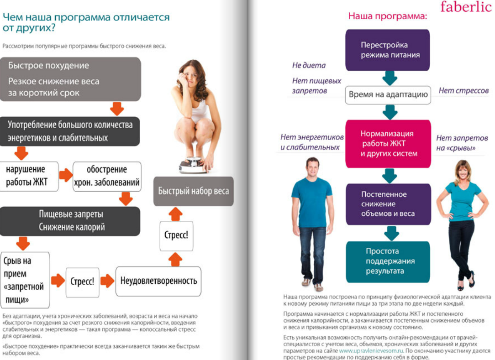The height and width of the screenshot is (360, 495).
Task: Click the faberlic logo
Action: click(x=465, y=7)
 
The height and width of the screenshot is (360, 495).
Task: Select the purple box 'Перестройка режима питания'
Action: click(x=387, y=50)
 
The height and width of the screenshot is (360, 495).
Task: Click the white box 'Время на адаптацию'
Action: click(x=388, y=95)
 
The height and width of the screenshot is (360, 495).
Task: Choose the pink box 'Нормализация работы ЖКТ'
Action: click(x=388, y=143)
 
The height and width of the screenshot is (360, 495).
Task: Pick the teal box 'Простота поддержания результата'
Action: click(x=388, y=261)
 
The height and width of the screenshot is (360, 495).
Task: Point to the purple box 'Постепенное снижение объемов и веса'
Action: click(x=388, y=203)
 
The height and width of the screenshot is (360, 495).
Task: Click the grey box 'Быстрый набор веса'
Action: click(x=194, y=191)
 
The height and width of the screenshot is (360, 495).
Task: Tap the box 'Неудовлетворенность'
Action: click(x=158, y=280)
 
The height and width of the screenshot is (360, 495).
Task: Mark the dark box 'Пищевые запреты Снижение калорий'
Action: click(x=70, y=221)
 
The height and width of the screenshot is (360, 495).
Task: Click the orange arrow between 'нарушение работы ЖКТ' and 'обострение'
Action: click(x=66, y=175)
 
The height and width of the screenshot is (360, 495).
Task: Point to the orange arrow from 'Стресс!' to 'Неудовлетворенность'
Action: click(x=107, y=281)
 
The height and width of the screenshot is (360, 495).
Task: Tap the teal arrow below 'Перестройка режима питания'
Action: click(x=390, y=78)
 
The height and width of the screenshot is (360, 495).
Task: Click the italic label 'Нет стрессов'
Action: click(x=463, y=90)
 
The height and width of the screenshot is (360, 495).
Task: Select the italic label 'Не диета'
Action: click(x=309, y=65)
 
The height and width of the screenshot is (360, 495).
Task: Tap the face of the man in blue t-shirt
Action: click(x=312, y=167)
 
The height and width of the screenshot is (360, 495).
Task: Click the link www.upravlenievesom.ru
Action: click(x=371, y=351)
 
